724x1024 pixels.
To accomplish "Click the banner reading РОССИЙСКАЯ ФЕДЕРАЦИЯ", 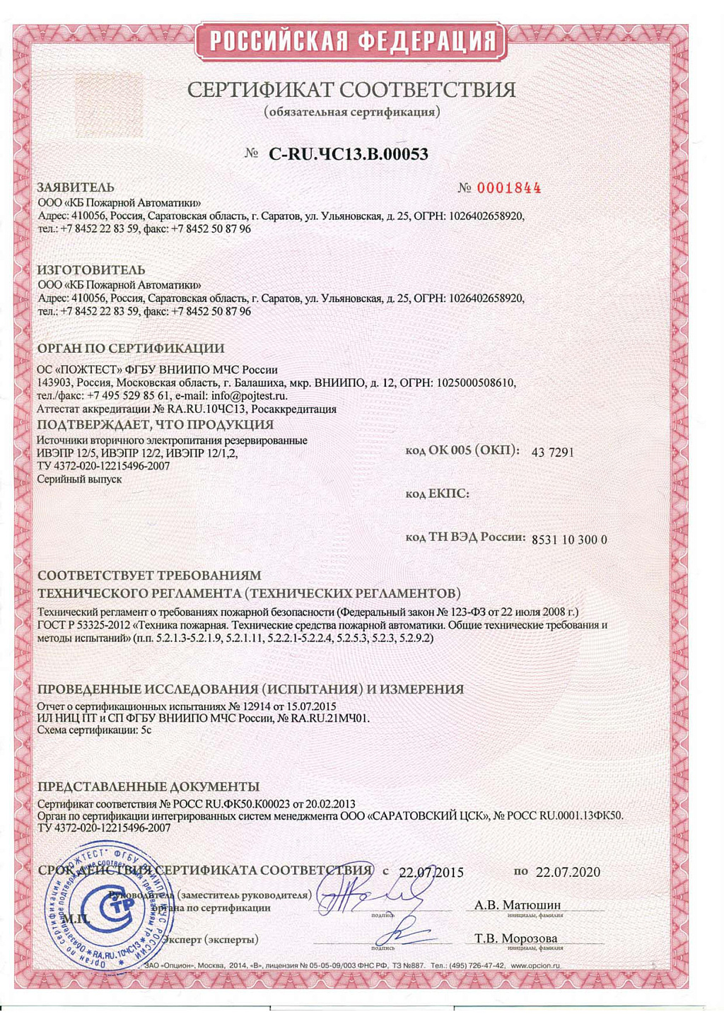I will coord(351,41).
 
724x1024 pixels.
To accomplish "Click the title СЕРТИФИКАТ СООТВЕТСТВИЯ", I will coord(351,90).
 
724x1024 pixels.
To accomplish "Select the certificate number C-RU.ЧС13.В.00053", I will coord(349,154).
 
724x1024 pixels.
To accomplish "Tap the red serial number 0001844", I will coord(509,188).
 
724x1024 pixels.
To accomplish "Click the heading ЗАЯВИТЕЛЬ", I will coord(76,187).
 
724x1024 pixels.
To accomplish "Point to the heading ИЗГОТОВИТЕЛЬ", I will coord(91,270).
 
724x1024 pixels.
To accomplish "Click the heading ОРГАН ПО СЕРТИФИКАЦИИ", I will coord(131,349).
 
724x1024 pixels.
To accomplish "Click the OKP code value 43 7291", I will coord(552,453).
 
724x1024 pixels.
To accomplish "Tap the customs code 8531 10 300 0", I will coord(569,540).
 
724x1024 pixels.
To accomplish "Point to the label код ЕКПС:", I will coord(437,494).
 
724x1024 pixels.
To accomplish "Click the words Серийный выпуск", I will coord(79,479).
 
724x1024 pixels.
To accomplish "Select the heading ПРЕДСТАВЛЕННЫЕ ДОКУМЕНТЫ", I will coord(148,787).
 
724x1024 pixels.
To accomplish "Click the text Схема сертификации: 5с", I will coord(94,731).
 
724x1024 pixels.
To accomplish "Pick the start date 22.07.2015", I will coord(431,872).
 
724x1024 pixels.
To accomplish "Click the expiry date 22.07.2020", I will coord(568,872).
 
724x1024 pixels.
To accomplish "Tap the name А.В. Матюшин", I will coord(518,905).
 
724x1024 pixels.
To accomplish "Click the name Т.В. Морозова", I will coord(516,938).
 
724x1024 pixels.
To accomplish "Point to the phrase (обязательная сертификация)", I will coord(351,112).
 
